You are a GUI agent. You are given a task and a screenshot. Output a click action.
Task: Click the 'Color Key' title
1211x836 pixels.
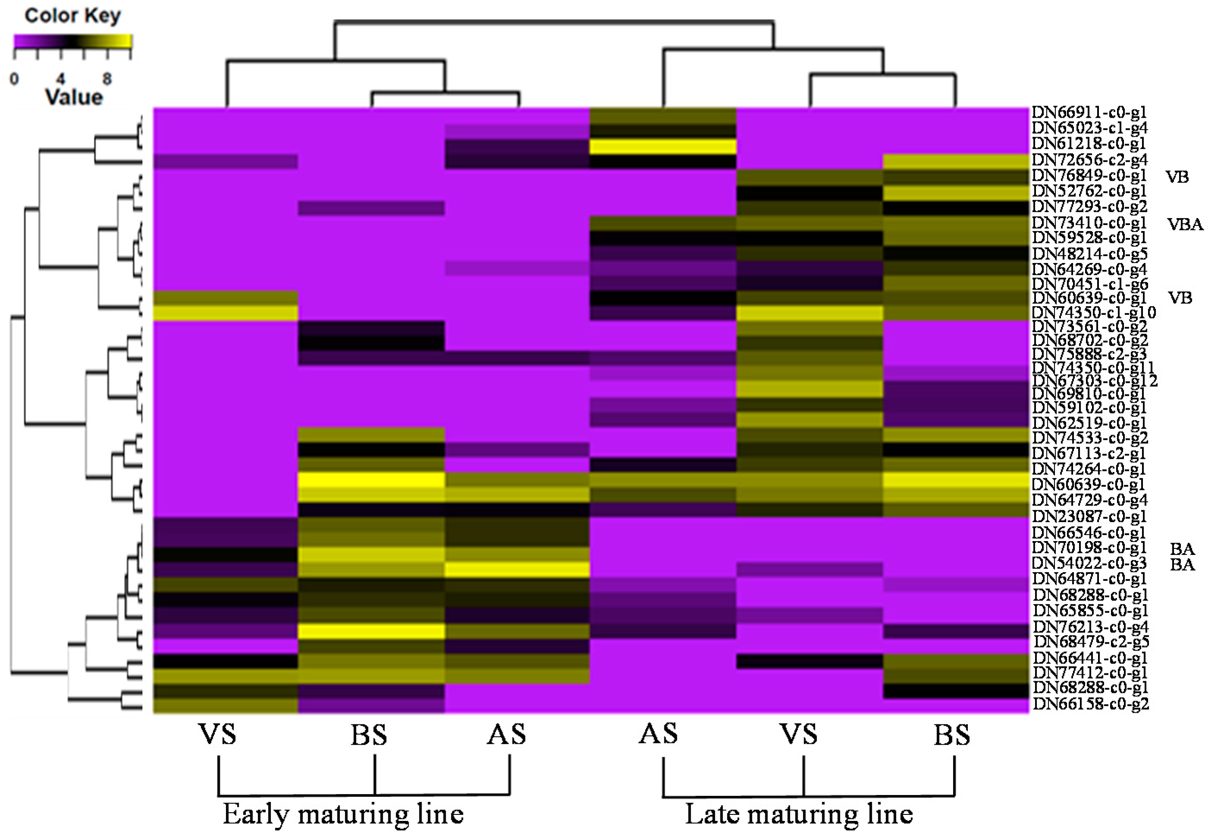point(73,16)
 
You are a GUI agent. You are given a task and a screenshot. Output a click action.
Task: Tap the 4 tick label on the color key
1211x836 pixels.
point(61,79)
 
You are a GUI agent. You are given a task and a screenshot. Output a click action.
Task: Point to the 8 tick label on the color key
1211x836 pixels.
point(107,79)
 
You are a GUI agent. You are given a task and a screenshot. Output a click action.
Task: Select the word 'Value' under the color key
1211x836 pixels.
point(74,97)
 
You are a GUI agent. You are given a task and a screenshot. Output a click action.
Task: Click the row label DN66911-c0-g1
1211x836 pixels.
point(1089,112)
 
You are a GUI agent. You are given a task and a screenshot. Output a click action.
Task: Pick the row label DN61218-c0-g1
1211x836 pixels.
point(1089,143)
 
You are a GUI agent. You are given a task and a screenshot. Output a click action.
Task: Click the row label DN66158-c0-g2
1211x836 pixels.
point(1091,704)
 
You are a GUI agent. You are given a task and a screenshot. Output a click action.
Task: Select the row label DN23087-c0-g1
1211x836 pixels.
point(1089,517)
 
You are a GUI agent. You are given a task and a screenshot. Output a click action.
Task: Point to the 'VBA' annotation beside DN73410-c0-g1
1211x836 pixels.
point(1185,224)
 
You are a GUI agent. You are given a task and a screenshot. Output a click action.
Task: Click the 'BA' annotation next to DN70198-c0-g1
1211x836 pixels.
point(1182,549)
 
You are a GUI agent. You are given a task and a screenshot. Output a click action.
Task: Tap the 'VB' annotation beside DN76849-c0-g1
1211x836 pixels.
point(1177,177)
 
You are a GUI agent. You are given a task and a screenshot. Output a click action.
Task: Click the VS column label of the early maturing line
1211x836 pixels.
point(217,734)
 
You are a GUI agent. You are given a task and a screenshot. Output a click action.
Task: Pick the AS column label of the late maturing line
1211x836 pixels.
point(658,734)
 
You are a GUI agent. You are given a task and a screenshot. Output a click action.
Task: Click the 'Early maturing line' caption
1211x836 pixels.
point(343,814)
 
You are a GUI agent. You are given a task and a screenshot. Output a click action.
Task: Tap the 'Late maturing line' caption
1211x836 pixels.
point(799,814)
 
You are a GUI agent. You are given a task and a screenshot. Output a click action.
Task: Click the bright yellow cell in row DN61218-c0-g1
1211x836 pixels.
point(663,147)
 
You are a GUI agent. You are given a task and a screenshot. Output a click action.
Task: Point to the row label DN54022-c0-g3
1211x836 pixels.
point(1089,564)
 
